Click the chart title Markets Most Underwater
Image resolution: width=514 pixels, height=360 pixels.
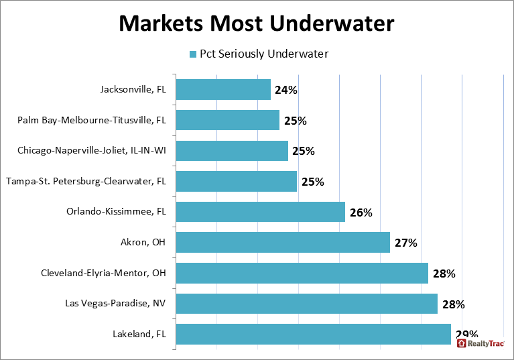point(257,23)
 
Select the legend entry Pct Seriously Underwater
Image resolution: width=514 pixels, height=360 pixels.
point(259,54)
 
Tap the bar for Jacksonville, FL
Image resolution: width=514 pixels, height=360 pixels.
point(223,90)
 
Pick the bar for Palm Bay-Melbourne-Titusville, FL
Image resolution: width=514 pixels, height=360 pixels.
point(228,121)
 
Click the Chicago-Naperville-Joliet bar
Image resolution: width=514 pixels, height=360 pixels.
point(232,151)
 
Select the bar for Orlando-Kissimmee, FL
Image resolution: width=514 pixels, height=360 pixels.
point(261,213)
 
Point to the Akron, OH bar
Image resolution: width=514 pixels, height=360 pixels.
point(283,243)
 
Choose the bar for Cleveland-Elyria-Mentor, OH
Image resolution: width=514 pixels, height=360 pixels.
point(302,274)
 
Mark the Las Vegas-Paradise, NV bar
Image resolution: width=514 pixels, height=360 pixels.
point(307,304)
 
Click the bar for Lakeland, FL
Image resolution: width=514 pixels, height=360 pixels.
point(314,334)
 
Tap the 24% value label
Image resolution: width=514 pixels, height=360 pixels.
point(285,90)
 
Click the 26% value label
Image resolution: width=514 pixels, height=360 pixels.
point(361,213)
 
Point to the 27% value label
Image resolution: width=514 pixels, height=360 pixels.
point(405,243)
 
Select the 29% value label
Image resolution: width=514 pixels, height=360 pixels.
point(466,333)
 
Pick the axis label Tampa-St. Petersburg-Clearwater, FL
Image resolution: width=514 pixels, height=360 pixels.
point(86,182)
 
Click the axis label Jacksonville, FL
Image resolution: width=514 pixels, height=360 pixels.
point(133,90)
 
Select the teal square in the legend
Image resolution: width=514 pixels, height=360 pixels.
point(192,54)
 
